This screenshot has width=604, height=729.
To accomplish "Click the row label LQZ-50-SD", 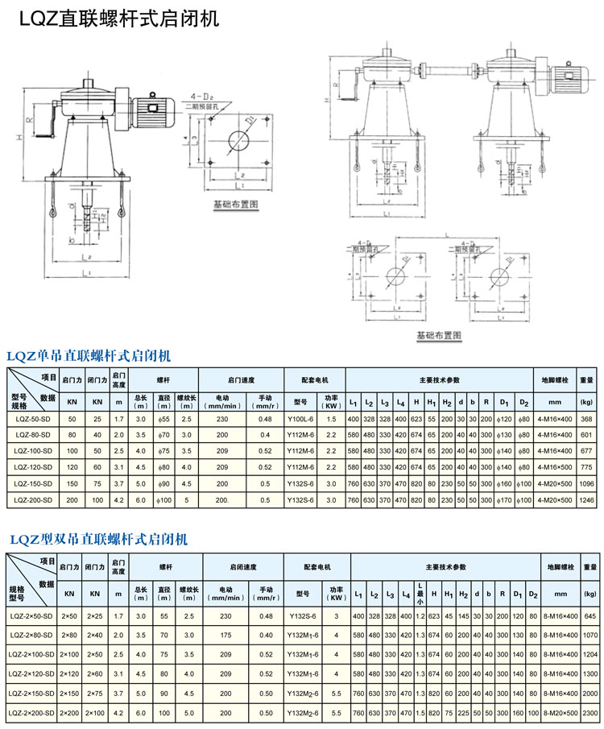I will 33,419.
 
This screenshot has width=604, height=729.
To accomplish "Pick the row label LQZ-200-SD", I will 33,501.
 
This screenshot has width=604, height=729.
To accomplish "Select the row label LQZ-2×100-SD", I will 32,655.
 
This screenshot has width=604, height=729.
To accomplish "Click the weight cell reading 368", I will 585,419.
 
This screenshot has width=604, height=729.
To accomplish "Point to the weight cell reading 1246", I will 585,501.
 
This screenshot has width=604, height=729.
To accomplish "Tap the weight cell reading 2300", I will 590,713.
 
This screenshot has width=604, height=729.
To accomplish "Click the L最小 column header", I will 420,593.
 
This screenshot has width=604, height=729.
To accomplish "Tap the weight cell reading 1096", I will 585,484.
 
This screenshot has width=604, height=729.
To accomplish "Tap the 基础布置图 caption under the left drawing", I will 234,205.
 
